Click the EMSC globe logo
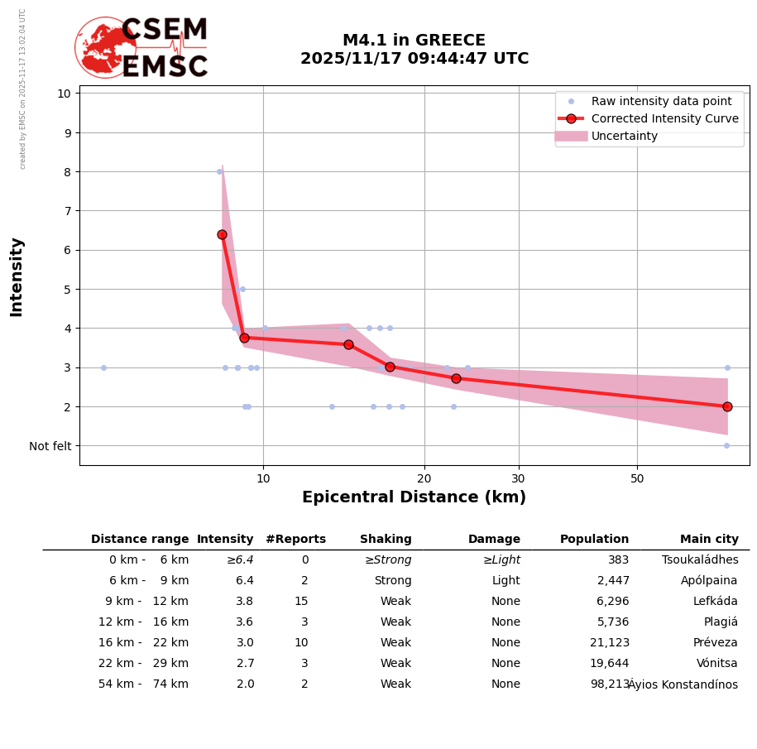(105, 47)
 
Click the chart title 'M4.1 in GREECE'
(414, 41)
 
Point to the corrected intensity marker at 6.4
(222, 234)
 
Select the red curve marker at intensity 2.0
(727, 406)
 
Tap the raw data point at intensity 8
(219, 171)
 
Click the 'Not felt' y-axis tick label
(50, 446)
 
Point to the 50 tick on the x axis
(637, 478)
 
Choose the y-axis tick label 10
(64, 93)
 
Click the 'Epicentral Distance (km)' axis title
(414, 497)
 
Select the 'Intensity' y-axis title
(17, 276)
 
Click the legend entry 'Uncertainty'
(625, 136)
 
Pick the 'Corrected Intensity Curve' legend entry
(664, 118)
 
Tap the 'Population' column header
(594, 539)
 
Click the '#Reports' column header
(295, 539)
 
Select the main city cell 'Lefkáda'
(715, 602)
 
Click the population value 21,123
(609, 643)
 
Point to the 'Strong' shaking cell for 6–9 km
(392, 581)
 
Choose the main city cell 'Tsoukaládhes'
(700, 560)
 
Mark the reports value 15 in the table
(301, 602)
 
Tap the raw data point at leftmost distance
(103, 367)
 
